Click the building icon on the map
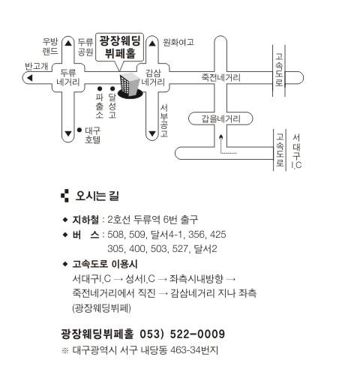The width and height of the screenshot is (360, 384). [130, 85]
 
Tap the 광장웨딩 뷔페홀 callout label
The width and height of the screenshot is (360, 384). [120, 47]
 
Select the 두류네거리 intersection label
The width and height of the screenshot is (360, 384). [68, 77]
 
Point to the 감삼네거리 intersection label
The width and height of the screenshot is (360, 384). [153, 77]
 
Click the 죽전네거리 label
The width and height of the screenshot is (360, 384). [221, 77]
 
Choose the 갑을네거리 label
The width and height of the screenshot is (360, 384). [221, 118]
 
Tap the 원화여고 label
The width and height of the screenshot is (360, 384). [178, 42]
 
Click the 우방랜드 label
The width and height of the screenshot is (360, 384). [50, 46]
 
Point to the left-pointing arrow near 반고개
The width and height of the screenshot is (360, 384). [30, 78]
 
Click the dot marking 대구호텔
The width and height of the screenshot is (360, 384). [79, 130]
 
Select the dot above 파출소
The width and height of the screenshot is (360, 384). [100, 88]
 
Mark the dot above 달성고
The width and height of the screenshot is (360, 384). [112, 88]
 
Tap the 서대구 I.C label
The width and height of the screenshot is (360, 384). [296, 151]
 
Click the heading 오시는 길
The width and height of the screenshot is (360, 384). [97, 196]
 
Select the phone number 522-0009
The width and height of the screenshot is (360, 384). [197, 334]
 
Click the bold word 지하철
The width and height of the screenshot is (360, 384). [85, 220]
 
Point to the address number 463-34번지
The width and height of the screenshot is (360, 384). [194, 350]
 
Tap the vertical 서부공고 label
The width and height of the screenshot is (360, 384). [164, 121]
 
